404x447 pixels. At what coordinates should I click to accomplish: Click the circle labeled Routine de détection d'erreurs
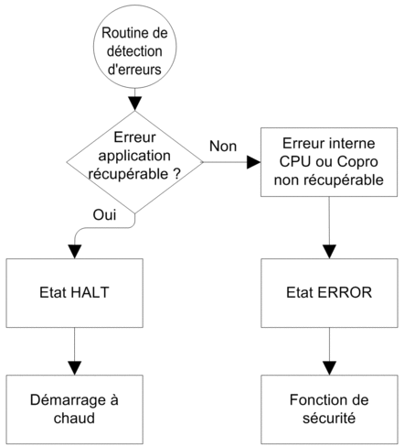tap(134, 47)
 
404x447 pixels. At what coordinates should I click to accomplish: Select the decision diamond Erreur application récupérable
tap(134, 162)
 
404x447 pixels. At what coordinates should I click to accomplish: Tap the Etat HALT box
tap(74, 293)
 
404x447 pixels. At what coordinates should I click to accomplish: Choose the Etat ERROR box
tap(329, 293)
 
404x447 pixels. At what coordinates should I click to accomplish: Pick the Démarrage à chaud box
tap(74, 409)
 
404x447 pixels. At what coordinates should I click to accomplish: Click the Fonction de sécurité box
tap(329, 409)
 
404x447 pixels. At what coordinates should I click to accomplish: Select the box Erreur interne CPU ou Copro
tap(329, 162)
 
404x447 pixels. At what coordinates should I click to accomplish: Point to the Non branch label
tap(223, 147)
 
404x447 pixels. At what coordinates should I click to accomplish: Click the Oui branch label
tap(104, 215)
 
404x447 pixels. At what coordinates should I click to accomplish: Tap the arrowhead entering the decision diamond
tap(134, 104)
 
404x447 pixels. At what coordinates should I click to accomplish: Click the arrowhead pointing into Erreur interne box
tap(253, 162)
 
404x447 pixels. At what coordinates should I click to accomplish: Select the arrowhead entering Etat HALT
tap(75, 252)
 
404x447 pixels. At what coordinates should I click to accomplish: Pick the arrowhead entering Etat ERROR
tap(329, 252)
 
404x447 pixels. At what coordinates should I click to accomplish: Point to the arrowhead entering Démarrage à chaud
tap(75, 368)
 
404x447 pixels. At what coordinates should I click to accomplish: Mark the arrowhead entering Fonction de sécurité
tap(329, 368)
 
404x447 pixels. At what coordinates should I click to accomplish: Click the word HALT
tap(90, 292)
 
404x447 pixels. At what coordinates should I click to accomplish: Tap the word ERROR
tap(345, 292)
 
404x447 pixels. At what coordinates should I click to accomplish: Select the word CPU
tap(295, 162)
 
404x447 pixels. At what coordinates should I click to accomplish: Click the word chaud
tap(74, 418)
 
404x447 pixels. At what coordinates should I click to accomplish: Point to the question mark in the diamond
tap(176, 174)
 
